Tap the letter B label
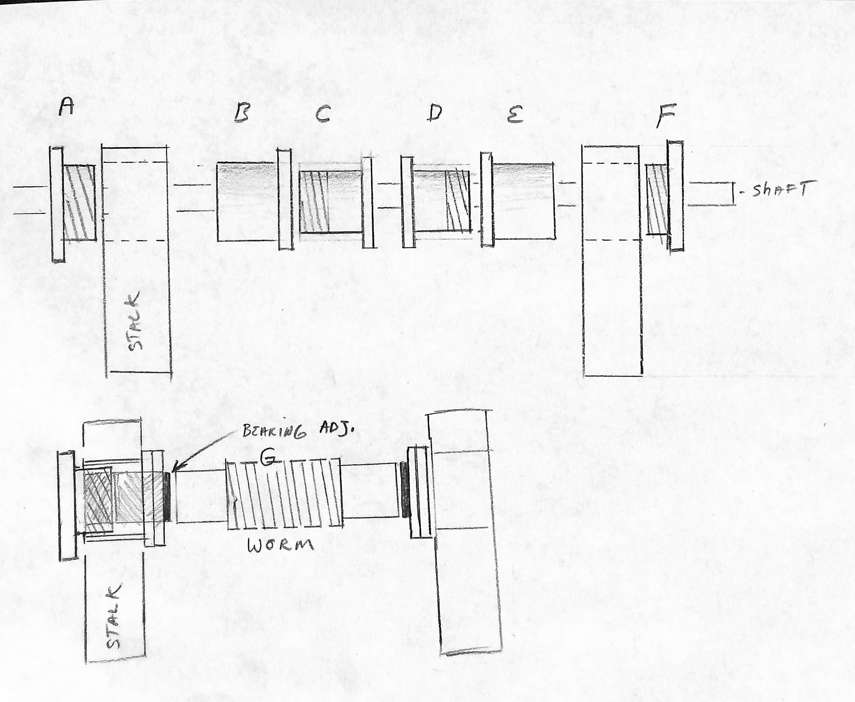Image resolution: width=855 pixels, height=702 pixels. (x=242, y=113)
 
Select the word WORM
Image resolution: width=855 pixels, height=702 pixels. (x=281, y=545)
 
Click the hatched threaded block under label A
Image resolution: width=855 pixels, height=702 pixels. (x=80, y=203)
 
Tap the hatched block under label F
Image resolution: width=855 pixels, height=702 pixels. (x=657, y=199)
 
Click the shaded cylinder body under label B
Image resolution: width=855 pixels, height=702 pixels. (x=248, y=202)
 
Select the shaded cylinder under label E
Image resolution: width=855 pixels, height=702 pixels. (x=524, y=201)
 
